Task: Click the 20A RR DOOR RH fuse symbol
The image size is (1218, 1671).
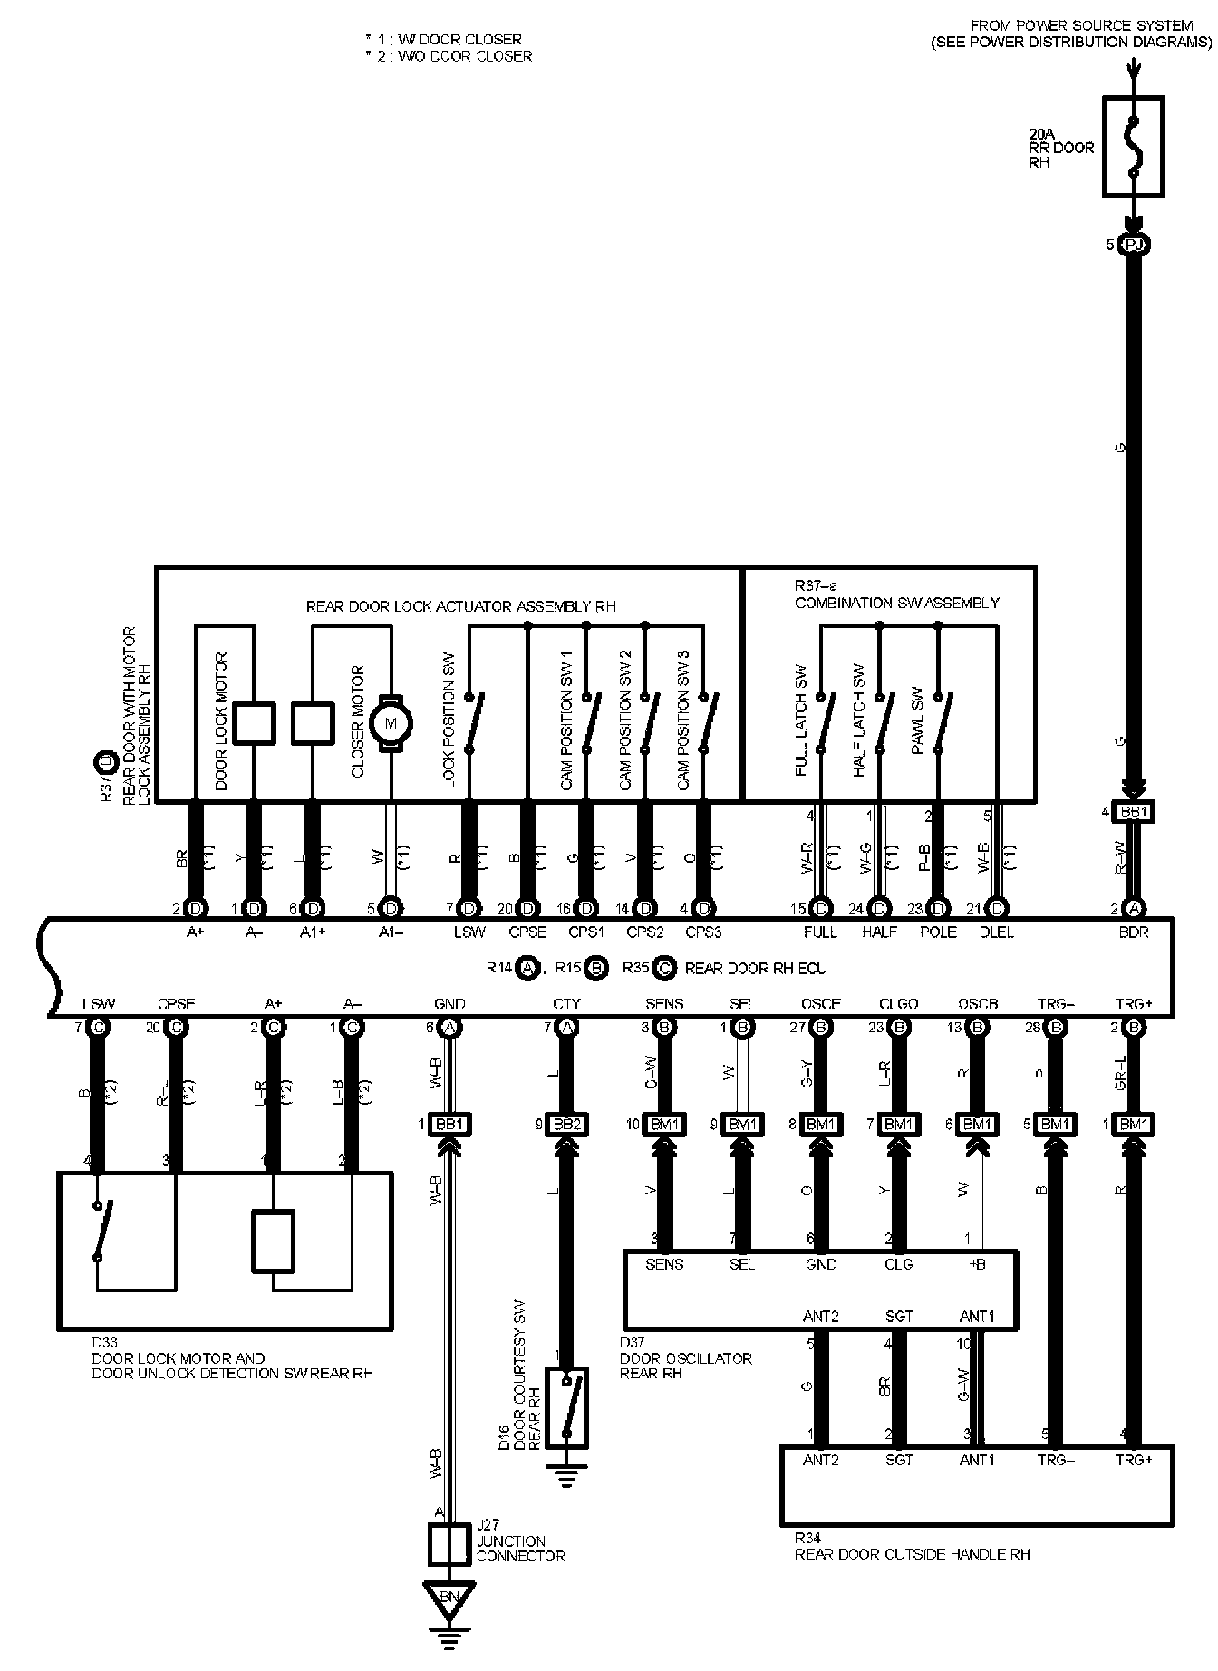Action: point(1133,147)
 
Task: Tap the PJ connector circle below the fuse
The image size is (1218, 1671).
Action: point(1133,245)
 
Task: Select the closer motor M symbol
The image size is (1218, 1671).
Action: point(391,722)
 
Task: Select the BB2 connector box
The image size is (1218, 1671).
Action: point(566,1125)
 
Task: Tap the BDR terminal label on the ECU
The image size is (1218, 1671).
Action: point(1133,932)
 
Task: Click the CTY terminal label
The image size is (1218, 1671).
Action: point(566,1004)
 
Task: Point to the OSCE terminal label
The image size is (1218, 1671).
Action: point(820,1004)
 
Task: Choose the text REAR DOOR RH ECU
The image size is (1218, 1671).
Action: point(756,968)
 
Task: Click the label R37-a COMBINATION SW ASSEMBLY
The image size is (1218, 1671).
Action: point(896,594)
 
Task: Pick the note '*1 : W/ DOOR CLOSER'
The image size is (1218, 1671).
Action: point(443,40)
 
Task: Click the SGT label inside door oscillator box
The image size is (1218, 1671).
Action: point(898,1316)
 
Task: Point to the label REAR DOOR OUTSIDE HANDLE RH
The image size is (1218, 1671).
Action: point(912,1554)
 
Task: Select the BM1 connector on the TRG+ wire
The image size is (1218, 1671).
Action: point(1133,1125)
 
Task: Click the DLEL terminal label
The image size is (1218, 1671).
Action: point(997,932)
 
